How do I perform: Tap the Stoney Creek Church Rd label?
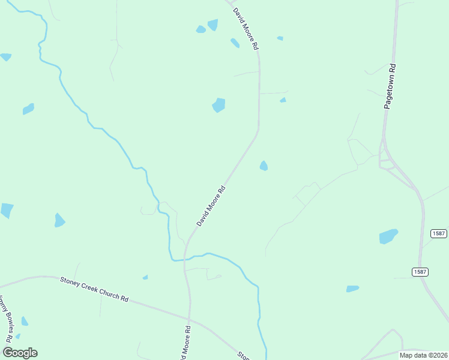(x=94, y=289)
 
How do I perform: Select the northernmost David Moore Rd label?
(x=246, y=28)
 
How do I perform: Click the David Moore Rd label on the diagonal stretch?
(x=211, y=206)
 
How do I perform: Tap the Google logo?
(x=20, y=353)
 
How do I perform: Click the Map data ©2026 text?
(x=423, y=355)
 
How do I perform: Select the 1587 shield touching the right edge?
(x=439, y=233)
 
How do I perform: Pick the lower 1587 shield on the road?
(x=420, y=272)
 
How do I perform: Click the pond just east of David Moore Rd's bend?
(x=264, y=166)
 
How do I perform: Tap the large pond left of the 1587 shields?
(x=388, y=236)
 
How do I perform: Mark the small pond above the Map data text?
(x=352, y=289)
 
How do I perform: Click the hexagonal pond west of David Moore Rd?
(x=218, y=105)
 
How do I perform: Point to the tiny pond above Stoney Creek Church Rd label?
(x=145, y=277)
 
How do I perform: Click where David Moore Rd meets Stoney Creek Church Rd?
(x=188, y=319)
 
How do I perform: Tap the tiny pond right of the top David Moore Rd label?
(x=280, y=38)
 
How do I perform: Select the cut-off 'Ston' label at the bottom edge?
(x=243, y=355)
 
